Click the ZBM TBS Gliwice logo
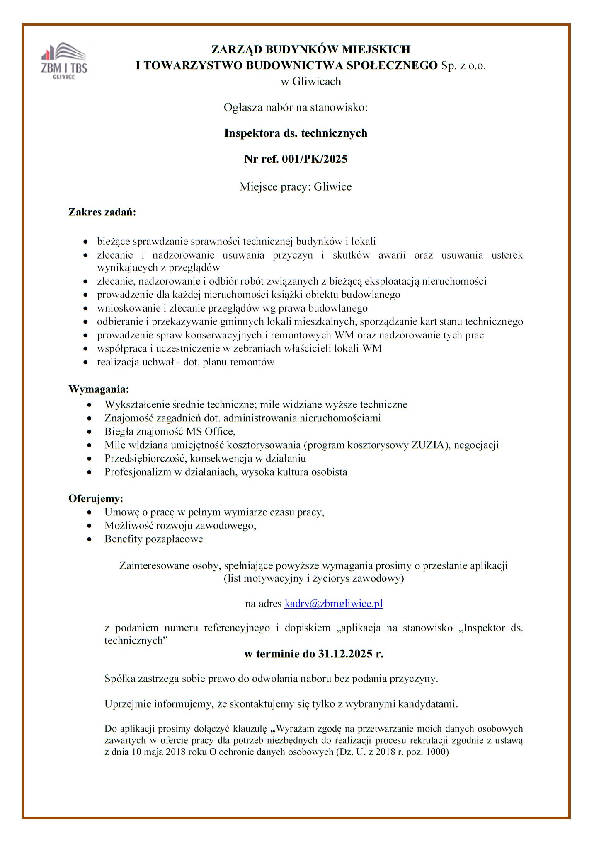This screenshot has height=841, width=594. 64,60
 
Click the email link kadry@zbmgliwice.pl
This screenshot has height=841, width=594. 333,603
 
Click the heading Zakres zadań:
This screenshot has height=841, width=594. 102,213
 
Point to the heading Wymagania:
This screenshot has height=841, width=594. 99,389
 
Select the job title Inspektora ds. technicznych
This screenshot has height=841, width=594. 296,133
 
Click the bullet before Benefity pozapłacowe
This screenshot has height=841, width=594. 90,539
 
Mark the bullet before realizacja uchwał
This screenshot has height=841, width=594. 85,362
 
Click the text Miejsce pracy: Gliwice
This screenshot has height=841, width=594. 296,186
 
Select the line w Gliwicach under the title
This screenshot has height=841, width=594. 310,81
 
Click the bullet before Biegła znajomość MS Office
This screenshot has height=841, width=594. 90,432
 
